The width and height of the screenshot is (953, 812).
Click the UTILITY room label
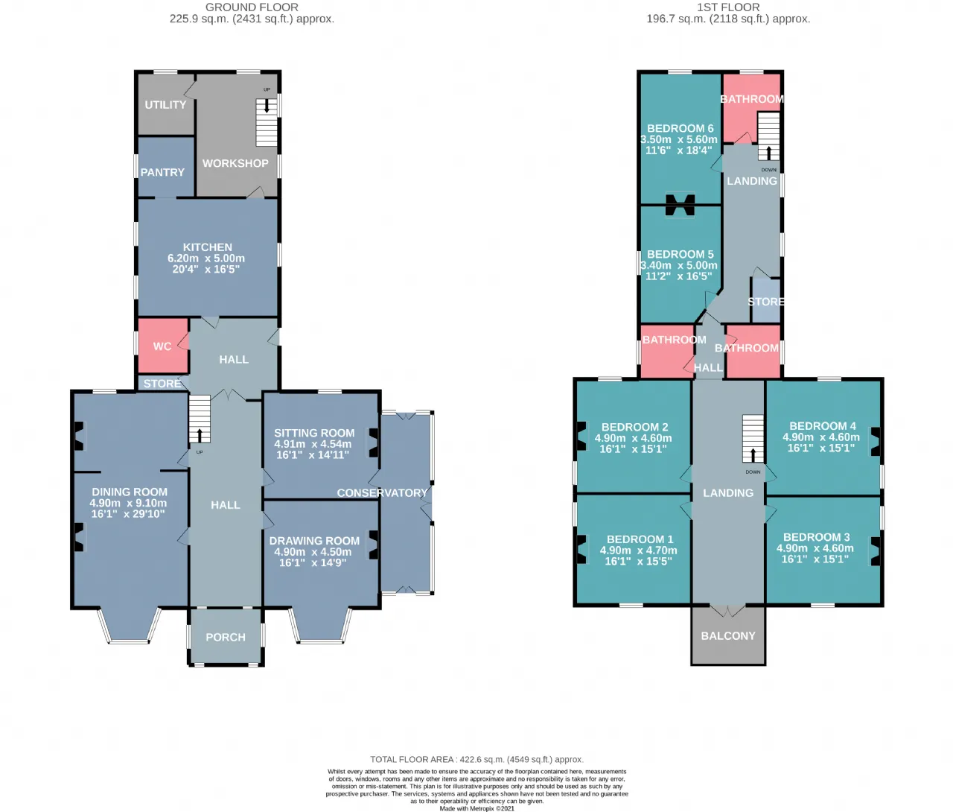[165, 105]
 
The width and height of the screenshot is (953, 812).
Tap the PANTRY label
[162, 172]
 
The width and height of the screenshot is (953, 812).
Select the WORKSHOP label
[235, 163]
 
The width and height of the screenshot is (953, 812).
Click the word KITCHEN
[208, 247]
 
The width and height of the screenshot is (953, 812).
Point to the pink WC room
[163, 346]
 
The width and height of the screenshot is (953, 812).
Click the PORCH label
[226, 637]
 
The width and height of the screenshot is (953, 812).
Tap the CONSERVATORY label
[382, 492]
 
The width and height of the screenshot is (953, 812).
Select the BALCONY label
[728, 635]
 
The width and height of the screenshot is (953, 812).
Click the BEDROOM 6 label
[680, 128]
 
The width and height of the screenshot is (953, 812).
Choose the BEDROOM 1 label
[640, 539]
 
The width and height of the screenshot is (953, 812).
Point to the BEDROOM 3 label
[817, 537]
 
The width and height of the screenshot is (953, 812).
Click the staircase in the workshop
[267, 122]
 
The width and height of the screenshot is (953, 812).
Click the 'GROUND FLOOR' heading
[252, 7]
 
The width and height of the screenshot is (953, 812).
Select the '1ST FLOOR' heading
[728, 7]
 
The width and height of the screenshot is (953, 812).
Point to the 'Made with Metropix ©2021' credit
[476, 808]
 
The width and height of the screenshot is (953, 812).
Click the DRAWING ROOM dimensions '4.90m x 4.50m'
[313, 552]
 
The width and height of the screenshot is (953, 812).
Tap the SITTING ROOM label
[314, 433]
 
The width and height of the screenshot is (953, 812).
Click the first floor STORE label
[765, 302]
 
